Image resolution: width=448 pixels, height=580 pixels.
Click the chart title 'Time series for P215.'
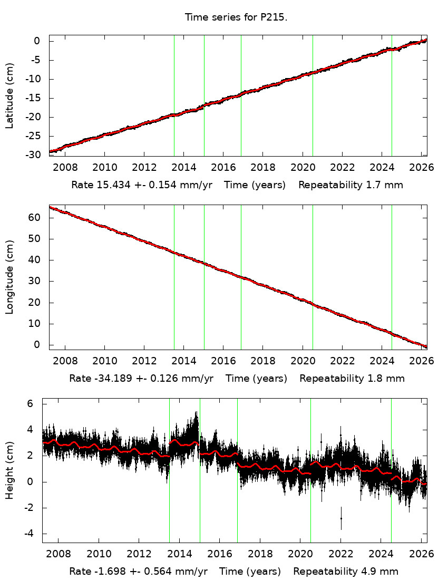click(236, 17)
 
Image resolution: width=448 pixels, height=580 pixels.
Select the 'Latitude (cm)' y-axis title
click(9, 95)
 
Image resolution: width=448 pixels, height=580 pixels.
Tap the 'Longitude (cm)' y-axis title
click(9, 277)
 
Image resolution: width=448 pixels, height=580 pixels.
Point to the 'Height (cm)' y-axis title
click(9, 470)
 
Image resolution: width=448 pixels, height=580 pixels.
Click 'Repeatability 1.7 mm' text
click(351, 185)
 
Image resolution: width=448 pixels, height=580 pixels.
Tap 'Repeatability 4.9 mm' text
click(346, 571)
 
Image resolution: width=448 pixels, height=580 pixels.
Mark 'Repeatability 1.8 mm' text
click(352, 378)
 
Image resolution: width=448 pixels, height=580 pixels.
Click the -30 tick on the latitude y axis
click(34, 155)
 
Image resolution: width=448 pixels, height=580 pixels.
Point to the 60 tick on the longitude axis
click(37, 218)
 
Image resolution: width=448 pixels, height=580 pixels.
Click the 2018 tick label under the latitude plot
click(262, 167)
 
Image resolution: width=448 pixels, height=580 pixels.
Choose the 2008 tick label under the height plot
click(57, 554)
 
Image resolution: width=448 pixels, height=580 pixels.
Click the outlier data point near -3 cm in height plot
click(341, 518)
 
